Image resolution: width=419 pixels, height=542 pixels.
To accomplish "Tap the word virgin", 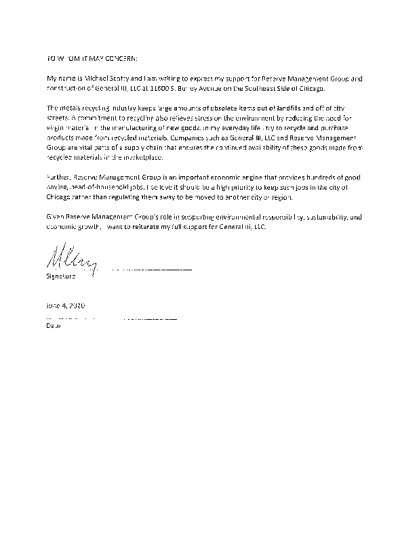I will coord(55,128).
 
